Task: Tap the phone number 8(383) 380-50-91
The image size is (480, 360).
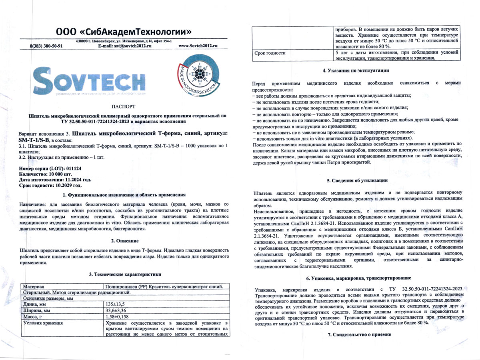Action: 46,46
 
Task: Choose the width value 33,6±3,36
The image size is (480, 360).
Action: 116,310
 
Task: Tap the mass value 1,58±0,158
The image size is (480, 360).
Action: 118,316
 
